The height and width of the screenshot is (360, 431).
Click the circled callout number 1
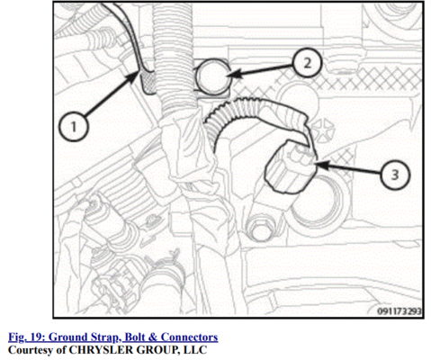[74, 126]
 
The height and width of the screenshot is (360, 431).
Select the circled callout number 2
[308, 63]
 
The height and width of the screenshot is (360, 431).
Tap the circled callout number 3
[395, 175]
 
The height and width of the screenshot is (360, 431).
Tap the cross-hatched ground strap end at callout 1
[148, 82]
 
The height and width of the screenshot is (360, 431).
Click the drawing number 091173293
[399, 311]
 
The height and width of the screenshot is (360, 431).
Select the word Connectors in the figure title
[190, 337]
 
